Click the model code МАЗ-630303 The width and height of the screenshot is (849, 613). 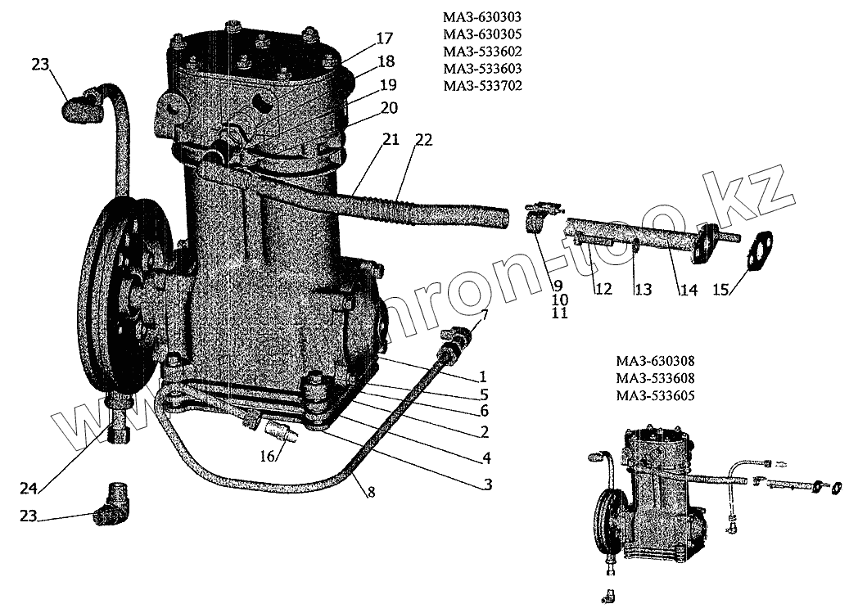coord(481,16)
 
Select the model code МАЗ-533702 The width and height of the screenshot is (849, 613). coord(481,85)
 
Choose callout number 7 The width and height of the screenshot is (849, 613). coord(484,314)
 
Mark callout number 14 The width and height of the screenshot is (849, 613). coord(689,288)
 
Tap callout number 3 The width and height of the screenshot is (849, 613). coord(487,485)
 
